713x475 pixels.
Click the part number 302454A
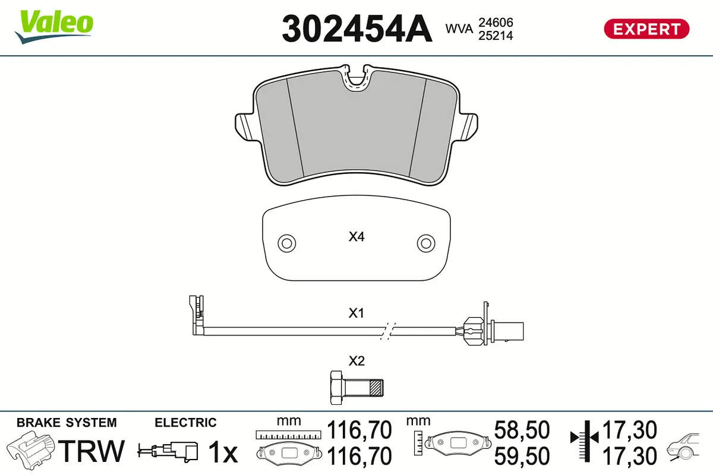point(356,28)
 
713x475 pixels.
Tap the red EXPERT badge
point(646,28)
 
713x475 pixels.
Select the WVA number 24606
point(496,22)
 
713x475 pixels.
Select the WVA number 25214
point(496,36)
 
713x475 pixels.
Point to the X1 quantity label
point(356,313)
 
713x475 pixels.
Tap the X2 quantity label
point(356,360)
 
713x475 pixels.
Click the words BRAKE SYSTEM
point(67,423)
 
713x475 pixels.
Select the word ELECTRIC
point(185,423)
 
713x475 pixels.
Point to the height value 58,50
point(522,430)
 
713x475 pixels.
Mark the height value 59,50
point(522,456)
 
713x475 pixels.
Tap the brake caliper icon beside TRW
point(30,451)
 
